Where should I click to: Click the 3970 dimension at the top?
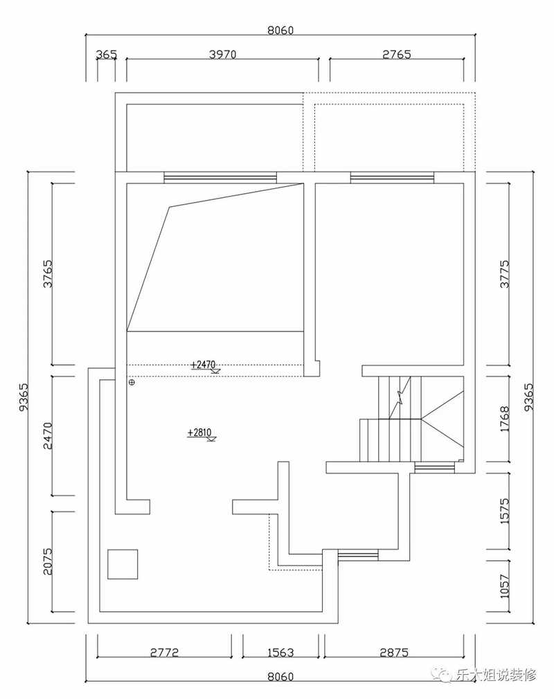coord(222,55)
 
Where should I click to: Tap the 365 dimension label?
coord(106,55)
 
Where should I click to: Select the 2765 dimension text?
coord(397,55)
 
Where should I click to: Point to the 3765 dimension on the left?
coord(47,273)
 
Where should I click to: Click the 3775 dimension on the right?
coord(504,273)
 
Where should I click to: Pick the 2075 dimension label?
coord(47,562)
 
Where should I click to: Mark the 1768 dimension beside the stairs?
coord(504,419)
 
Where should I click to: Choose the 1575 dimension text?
coord(504,511)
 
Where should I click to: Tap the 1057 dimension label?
coord(504,586)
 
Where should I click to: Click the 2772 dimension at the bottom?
coord(164,653)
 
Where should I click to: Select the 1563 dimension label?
coord(280,653)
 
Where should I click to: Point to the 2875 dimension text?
coord(394,653)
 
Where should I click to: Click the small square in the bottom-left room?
coord(123,564)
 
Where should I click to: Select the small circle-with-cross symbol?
coord(132,382)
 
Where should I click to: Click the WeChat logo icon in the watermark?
coord(445,676)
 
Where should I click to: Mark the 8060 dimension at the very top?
coord(280,30)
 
